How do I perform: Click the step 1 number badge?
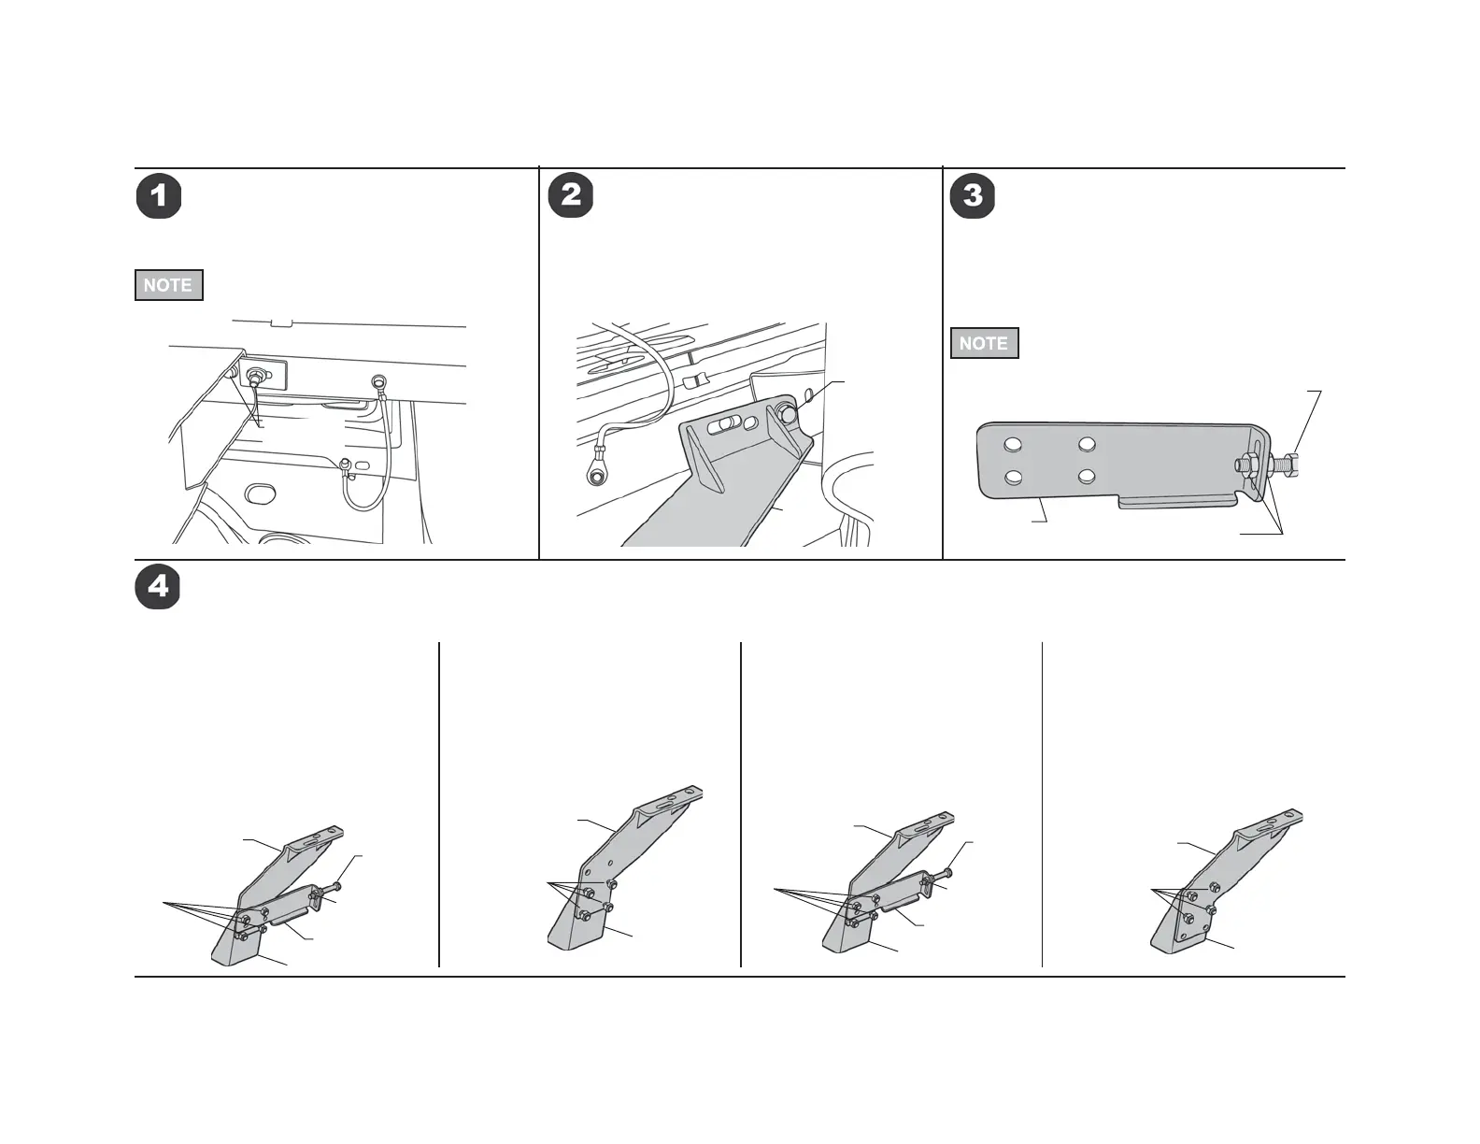(x=159, y=196)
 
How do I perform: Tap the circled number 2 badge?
(x=570, y=196)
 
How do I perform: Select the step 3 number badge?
(x=973, y=196)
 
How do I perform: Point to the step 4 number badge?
(x=158, y=587)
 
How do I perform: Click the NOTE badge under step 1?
(x=168, y=285)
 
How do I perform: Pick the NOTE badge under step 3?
(x=984, y=343)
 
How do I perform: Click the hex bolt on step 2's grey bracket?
(x=787, y=412)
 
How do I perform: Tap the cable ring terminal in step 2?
(x=595, y=477)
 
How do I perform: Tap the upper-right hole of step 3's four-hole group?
(x=1086, y=445)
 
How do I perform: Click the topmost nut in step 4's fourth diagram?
(x=1214, y=886)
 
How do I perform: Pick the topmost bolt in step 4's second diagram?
(x=611, y=884)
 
